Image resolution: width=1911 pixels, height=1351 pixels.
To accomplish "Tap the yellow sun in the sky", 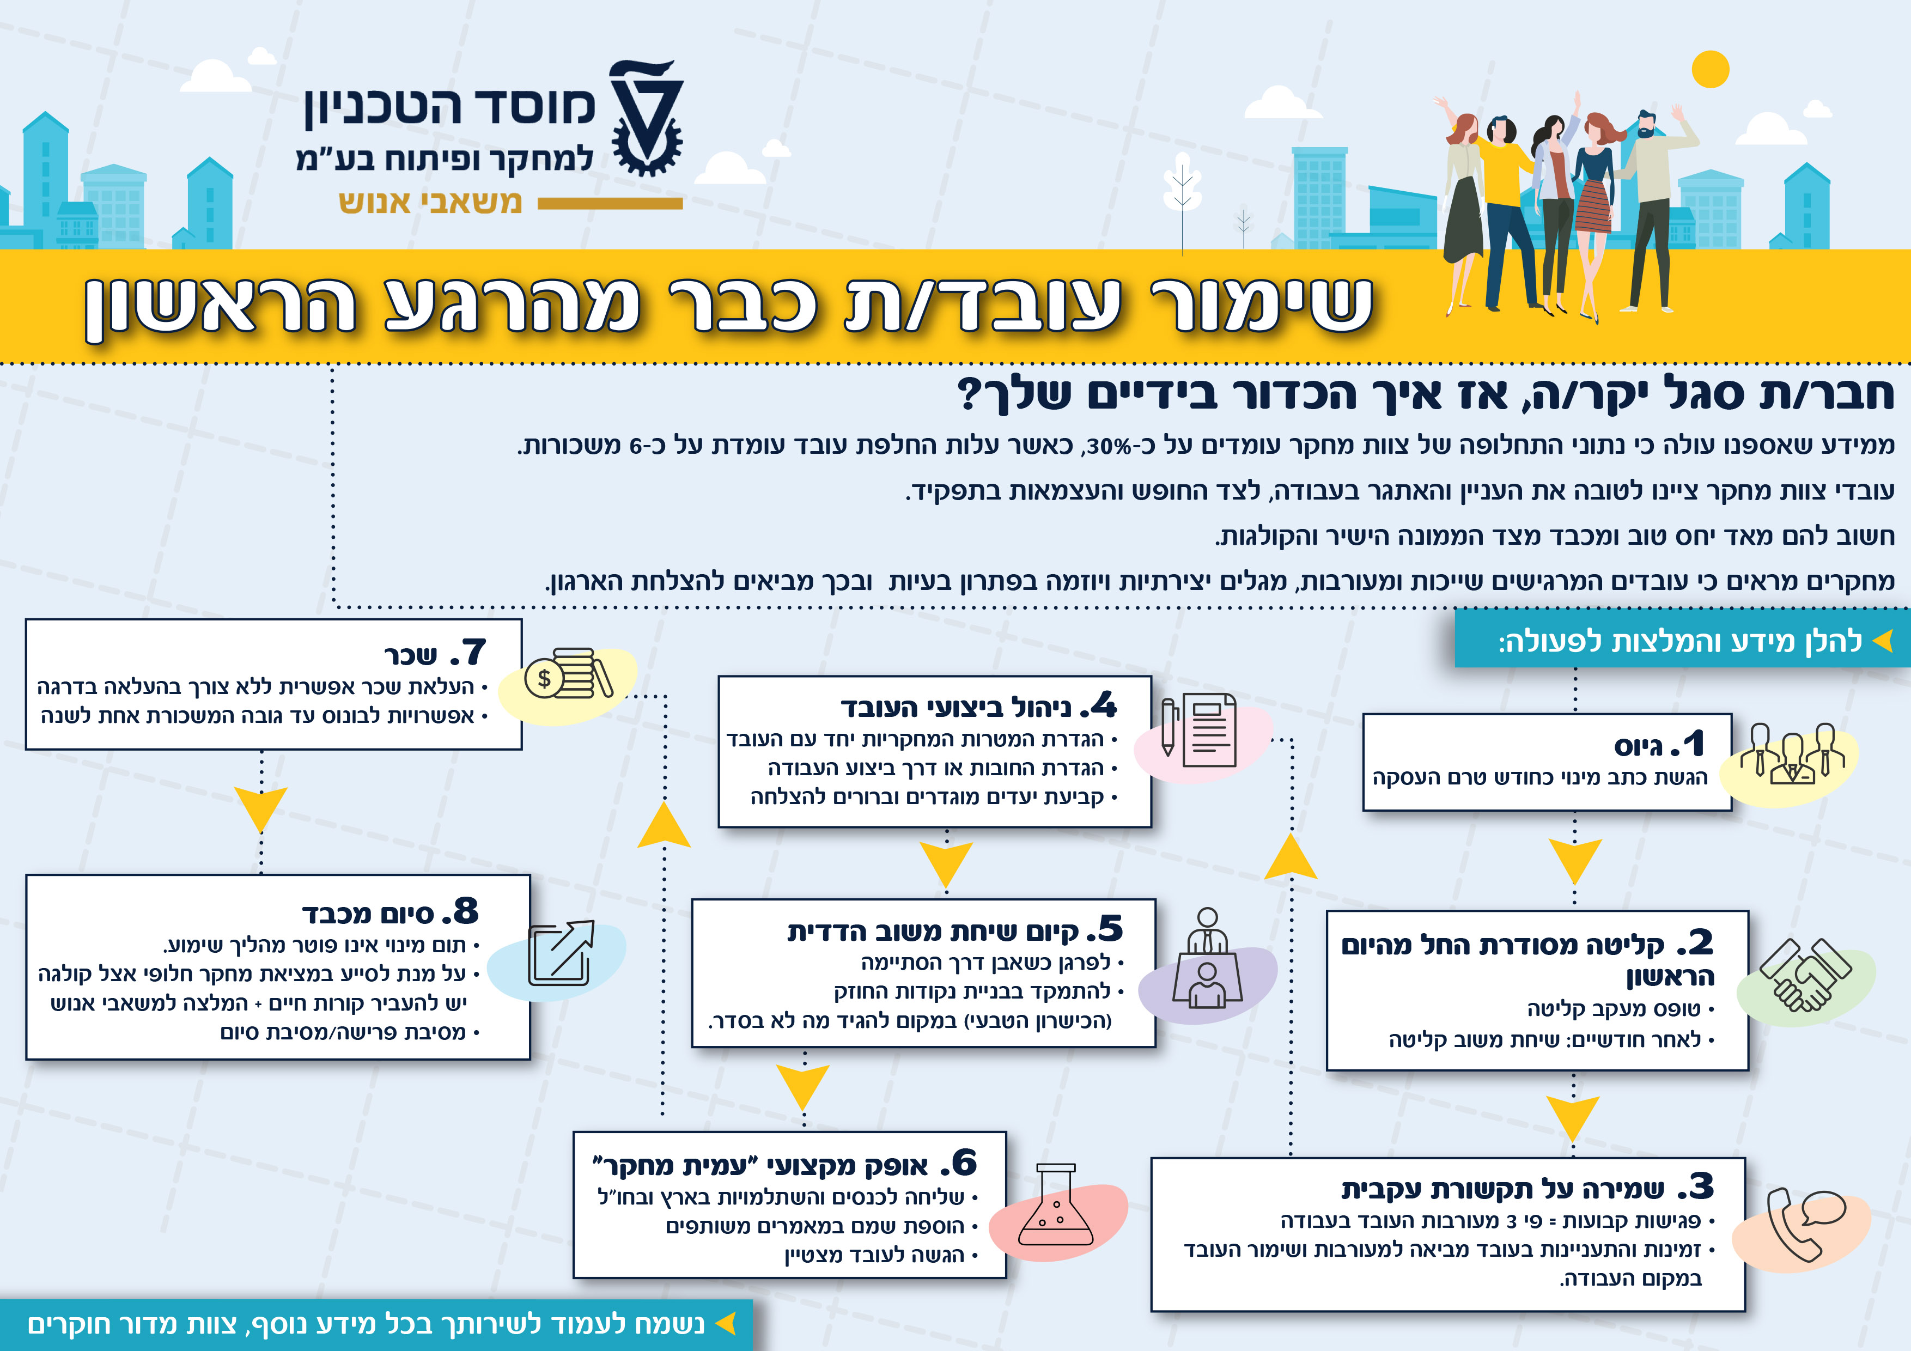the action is point(1711,69).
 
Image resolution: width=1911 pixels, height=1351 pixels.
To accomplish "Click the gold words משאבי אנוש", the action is point(430,202).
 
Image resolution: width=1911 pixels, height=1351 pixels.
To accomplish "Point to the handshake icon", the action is point(1805,976).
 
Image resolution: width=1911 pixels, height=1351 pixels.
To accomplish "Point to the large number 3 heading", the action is point(1700,1186).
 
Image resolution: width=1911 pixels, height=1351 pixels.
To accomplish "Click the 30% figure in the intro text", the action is point(1111,446).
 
